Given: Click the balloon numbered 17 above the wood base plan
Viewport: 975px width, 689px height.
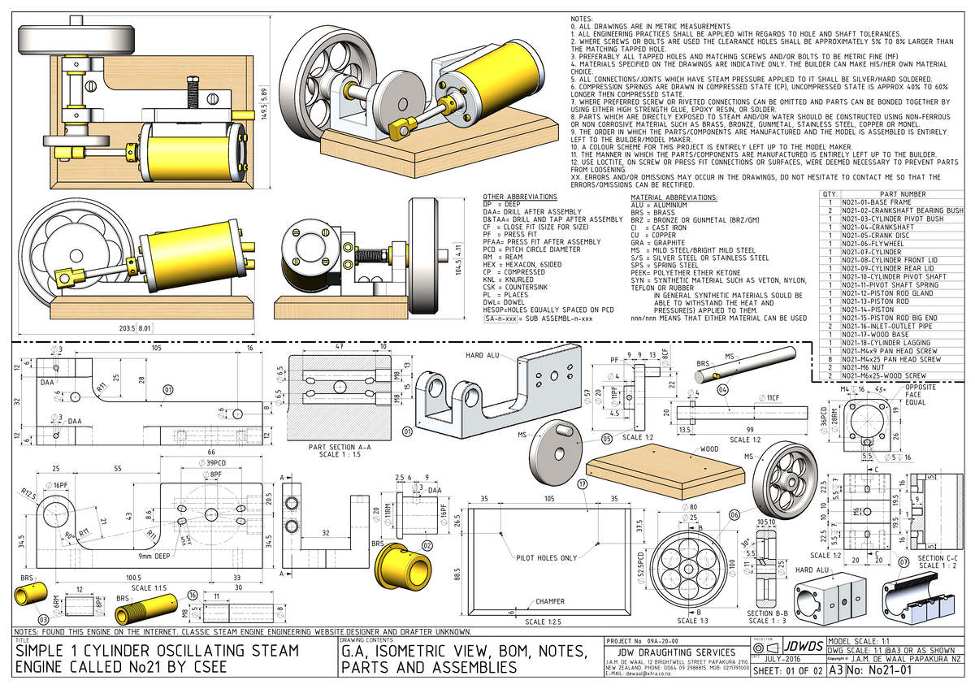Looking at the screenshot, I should click(582, 483).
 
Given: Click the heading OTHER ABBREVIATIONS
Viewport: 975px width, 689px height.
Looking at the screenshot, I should click(520, 197).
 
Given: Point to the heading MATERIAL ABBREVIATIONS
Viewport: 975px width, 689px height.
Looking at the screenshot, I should click(674, 197).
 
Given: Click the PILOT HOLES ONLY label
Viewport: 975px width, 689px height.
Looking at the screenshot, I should click(547, 558).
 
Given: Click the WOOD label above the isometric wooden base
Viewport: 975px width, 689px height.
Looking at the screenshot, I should click(710, 448).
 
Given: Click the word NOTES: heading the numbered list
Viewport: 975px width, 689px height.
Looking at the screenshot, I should click(583, 18).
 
